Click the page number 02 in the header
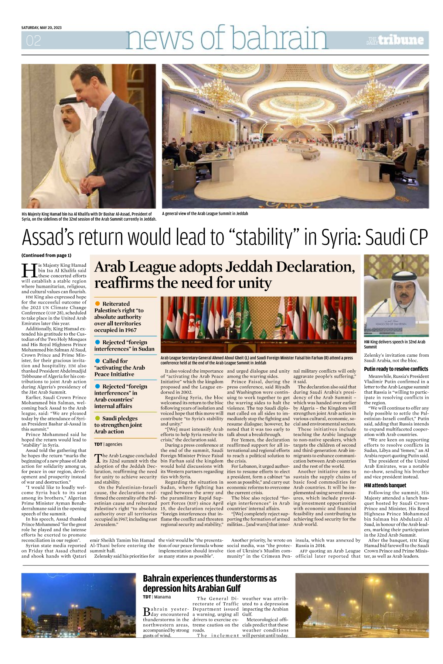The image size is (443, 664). (x=33, y=41)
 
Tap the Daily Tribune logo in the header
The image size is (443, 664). (x=395, y=40)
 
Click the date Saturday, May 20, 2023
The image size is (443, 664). (x=41, y=28)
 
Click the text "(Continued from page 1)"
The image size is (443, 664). (x=46, y=255)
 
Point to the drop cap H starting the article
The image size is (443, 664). (x=29, y=270)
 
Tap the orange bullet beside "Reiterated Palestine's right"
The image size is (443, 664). (x=98, y=304)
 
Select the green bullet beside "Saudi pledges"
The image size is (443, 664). (x=98, y=418)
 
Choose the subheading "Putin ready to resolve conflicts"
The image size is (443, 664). (x=396, y=369)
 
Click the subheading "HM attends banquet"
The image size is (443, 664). (x=385, y=485)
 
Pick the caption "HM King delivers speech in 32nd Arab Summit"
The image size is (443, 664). (x=394, y=344)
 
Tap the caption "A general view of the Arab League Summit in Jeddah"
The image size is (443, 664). (x=205, y=214)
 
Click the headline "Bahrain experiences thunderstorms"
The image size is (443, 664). (x=209, y=583)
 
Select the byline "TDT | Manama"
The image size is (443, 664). (x=157, y=597)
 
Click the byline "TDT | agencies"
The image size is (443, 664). (x=108, y=445)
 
